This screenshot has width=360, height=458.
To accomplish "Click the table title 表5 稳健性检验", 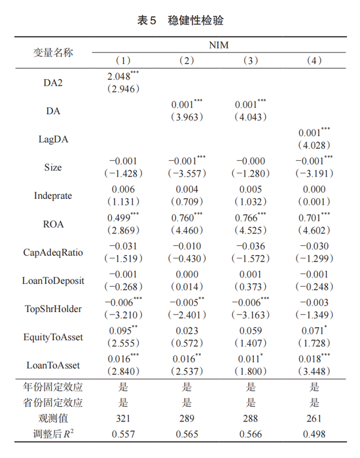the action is [x=180, y=21].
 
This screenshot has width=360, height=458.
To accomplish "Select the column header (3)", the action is [x=251, y=61].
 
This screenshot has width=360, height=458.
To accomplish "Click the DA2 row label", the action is [x=54, y=82].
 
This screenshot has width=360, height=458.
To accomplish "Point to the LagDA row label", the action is [x=54, y=139].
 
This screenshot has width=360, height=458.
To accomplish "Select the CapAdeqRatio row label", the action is [x=54, y=253].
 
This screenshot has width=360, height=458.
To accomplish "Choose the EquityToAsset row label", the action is [x=54, y=338].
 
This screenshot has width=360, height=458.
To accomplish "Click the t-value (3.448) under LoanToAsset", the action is [x=315, y=372].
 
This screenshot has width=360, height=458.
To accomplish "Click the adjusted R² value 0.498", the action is [x=315, y=433].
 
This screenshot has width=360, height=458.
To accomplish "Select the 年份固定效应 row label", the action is [x=54, y=387].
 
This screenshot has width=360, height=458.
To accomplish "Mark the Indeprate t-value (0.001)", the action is [x=315, y=202].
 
